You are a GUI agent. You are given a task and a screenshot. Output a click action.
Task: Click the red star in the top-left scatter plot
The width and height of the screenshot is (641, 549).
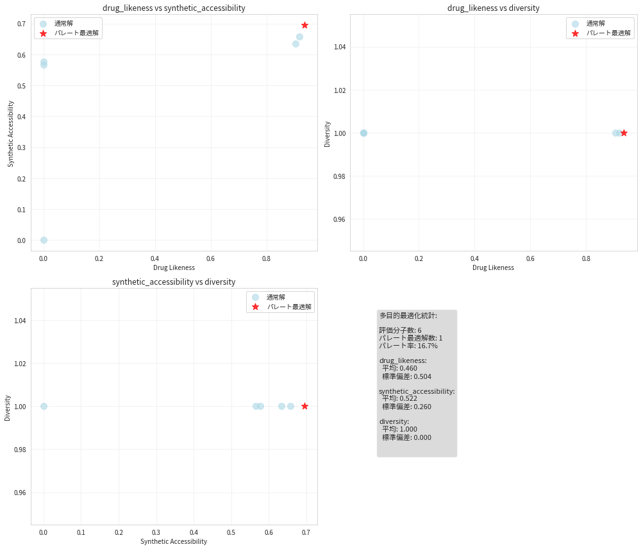(304, 25)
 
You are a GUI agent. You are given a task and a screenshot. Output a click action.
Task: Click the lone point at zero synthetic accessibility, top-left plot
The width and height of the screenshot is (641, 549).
(44, 240)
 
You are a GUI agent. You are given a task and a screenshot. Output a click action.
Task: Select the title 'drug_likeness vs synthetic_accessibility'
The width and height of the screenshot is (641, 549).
(174, 8)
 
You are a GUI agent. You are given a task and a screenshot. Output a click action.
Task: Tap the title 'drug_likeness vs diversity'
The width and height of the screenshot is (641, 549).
(493, 8)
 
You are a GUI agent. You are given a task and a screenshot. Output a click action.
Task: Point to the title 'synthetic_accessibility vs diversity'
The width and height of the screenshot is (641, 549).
(174, 282)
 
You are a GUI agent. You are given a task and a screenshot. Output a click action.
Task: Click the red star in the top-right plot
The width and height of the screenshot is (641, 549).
(624, 133)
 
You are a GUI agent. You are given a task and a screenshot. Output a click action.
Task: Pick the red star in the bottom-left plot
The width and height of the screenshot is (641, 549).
(304, 406)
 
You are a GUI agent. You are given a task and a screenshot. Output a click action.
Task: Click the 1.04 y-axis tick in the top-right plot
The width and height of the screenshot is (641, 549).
(340, 47)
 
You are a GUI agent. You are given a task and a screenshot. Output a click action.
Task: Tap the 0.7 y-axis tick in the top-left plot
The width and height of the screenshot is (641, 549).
(21, 24)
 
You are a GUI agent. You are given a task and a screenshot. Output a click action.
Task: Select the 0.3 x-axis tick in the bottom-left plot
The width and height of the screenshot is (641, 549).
(156, 532)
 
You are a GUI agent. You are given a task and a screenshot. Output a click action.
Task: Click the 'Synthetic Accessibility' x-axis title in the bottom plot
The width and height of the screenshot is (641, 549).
(174, 542)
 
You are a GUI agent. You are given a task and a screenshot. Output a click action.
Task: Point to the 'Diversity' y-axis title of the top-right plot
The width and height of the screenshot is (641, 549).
(328, 134)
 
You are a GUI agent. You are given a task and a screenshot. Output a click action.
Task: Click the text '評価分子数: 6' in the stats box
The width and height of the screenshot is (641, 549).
(400, 330)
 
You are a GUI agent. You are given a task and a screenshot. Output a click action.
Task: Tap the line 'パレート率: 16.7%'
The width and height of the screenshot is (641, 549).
(408, 346)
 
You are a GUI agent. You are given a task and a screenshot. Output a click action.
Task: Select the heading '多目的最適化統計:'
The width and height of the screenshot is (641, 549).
(408, 316)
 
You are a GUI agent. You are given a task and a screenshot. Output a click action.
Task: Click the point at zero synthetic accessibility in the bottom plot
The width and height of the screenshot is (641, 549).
(44, 406)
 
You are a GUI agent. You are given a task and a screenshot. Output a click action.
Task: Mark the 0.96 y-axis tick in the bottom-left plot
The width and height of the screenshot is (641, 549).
(21, 493)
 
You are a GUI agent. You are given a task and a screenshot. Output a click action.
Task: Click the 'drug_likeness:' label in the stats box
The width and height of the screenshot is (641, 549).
(403, 360)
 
